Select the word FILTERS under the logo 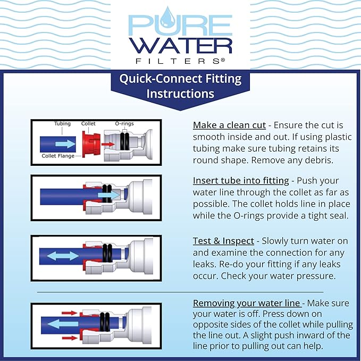[x=180, y=61]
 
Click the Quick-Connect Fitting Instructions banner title [x=180, y=87]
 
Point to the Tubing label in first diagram [x=62, y=124]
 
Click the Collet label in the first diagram [x=88, y=124]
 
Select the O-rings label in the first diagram [x=124, y=124]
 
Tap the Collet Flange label [x=58, y=156]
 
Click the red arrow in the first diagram [x=108, y=144]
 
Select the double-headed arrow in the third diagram [x=63, y=256]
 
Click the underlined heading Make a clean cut [x=229, y=125]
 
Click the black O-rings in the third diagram [x=107, y=256]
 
